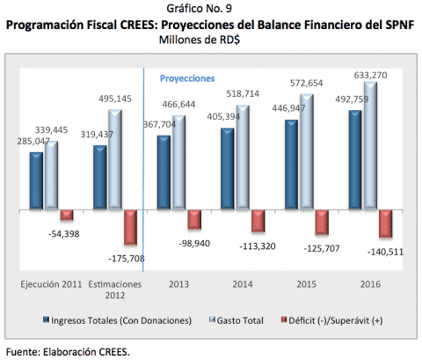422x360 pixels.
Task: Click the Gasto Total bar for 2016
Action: (x=371, y=145)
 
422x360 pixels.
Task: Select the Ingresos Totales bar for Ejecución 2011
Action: (x=36, y=180)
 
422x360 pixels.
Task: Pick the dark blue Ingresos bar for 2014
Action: (x=227, y=169)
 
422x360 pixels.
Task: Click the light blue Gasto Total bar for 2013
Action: (x=179, y=162)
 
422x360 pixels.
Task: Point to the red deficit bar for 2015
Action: (x=322, y=222)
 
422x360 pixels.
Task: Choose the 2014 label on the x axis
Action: (x=242, y=284)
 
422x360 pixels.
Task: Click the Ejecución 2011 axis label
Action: (x=51, y=284)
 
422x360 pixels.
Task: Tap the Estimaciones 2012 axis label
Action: (x=115, y=289)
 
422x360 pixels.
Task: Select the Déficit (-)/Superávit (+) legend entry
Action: (x=334, y=321)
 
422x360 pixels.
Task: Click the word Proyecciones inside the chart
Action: (x=187, y=78)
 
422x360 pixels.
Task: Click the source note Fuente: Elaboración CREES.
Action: (x=68, y=351)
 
